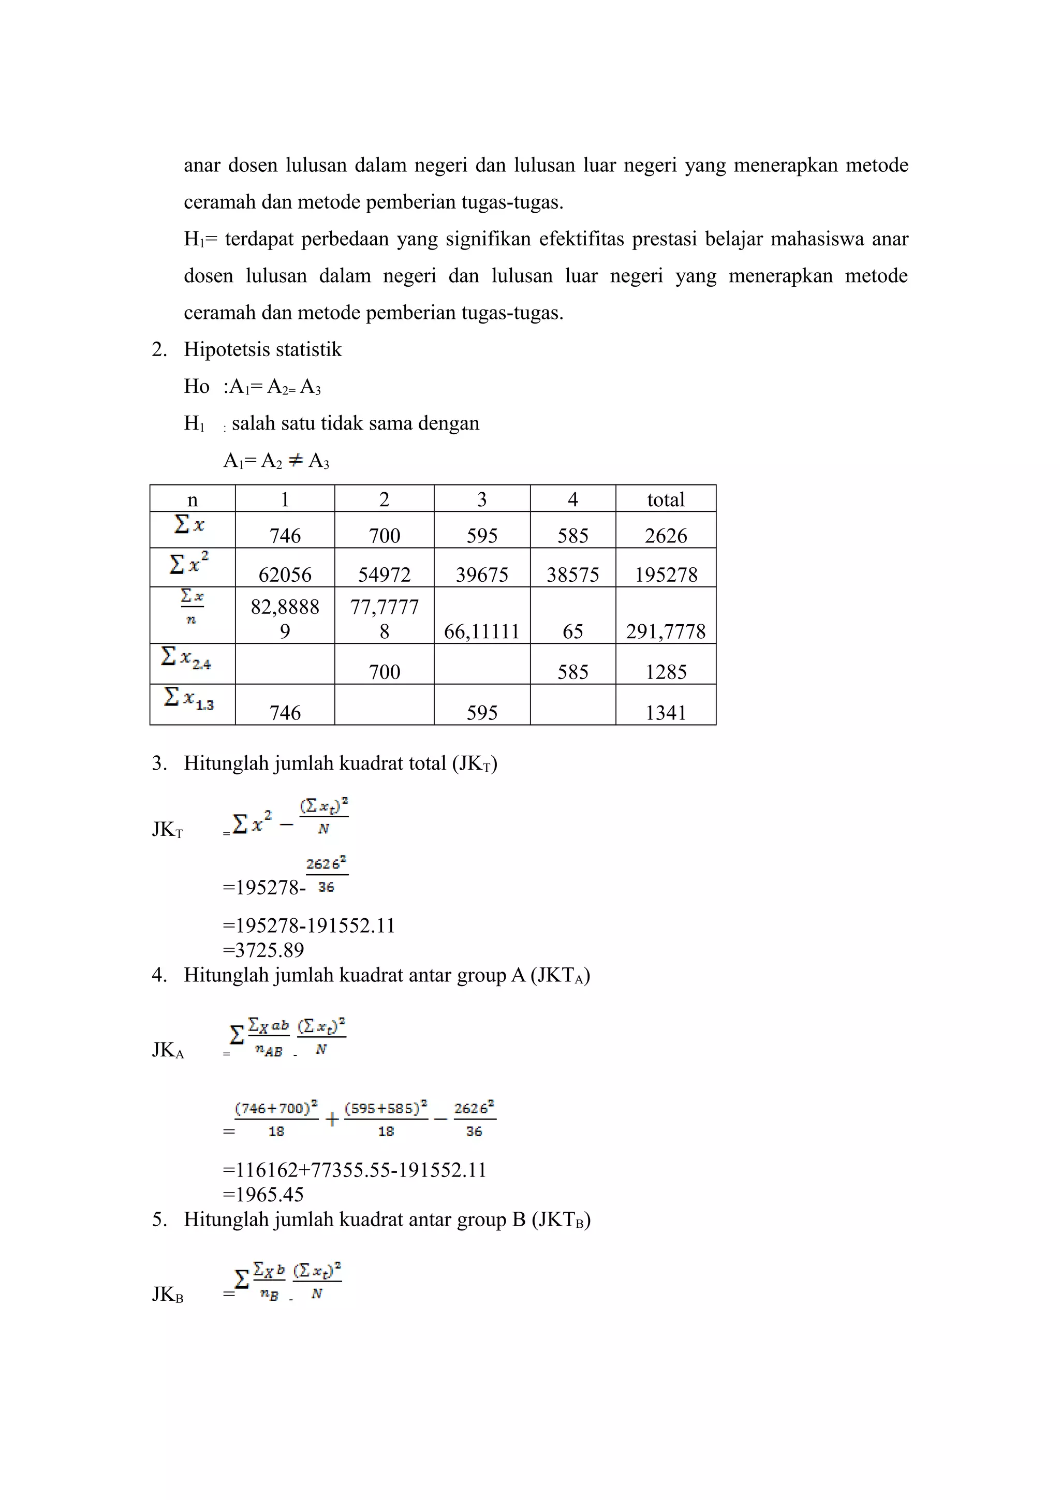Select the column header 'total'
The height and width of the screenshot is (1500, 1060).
(x=666, y=499)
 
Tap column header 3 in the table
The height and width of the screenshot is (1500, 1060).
(x=481, y=499)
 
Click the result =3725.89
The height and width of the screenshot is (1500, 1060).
(x=263, y=950)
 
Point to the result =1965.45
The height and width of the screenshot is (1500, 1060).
(x=263, y=1194)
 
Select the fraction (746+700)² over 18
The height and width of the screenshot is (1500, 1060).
(x=276, y=1119)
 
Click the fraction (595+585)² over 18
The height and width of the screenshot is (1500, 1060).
(x=386, y=1119)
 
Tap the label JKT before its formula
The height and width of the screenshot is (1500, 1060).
(x=167, y=830)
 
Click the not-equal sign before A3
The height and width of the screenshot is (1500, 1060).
(x=295, y=461)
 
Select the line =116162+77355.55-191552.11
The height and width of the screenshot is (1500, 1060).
(x=355, y=1169)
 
